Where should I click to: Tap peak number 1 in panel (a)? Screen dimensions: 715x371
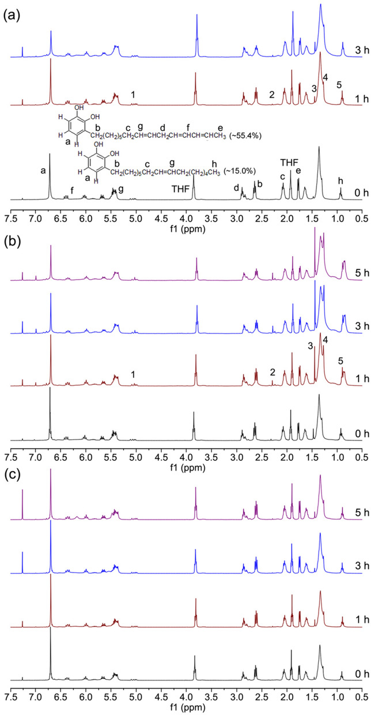click(x=133, y=95)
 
